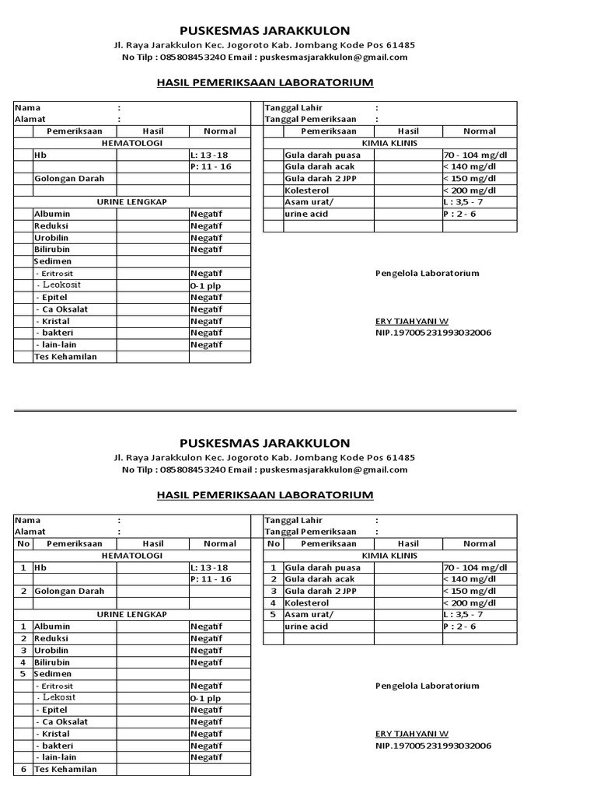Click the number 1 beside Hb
pos(23,567)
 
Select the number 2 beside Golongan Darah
pos(23,591)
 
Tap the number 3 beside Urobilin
pos(23,650)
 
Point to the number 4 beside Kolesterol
pos(273,602)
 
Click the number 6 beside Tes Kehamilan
pos(23,769)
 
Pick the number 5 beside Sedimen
pos(23,673)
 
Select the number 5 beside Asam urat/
pos(273,614)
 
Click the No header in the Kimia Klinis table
pos(273,544)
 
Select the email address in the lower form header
pos(333,470)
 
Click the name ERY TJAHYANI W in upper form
pos(411,321)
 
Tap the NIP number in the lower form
pos(433,745)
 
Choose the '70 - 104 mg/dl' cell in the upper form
pos(479,155)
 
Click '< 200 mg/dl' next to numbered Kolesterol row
pos(470,602)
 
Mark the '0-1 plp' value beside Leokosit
pos(205,285)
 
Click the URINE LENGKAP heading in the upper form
pos(132,201)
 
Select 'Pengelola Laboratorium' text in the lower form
pos(427,686)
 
